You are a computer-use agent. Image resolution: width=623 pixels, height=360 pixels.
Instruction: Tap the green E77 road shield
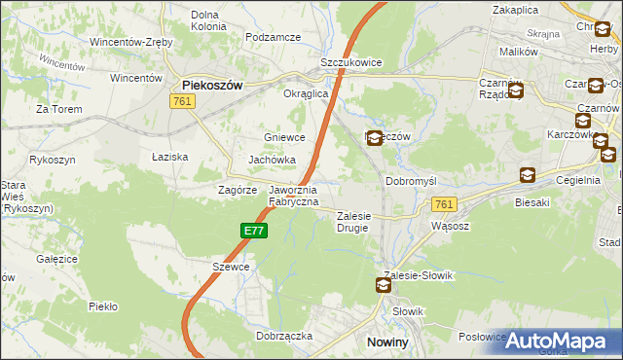coord(254,231)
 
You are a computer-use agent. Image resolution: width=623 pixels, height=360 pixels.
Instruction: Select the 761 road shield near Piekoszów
coord(180,101)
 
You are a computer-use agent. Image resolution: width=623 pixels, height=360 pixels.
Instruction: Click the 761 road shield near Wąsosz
coord(444,203)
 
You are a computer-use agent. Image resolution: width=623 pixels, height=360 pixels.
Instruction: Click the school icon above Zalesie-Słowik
coord(384,285)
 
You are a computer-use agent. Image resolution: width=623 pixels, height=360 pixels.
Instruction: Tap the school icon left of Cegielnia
coord(527,175)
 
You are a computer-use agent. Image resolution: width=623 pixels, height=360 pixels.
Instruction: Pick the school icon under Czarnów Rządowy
coord(515,92)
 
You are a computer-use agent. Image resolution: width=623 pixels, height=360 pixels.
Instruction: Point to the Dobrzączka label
coord(284,335)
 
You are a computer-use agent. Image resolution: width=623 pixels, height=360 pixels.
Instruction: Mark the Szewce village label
coord(232,267)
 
